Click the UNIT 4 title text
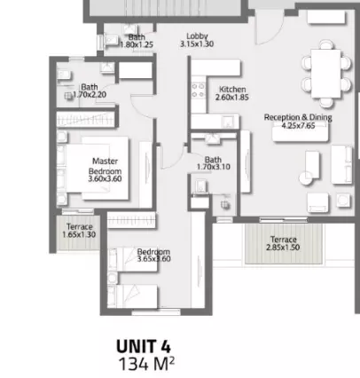point(144,346)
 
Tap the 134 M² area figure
point(146,364)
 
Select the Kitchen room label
point(232,90)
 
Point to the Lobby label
point(197,36)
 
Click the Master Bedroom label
point(105,166)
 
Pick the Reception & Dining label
point(298,117)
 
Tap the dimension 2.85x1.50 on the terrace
point(283,248)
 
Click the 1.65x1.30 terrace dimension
point(79,234)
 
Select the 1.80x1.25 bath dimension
point(137,44)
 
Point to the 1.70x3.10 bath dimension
point(214,167)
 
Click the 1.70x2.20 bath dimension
point(90,95)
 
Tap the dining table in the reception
point(326,74)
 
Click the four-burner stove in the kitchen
point(199,91)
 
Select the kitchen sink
point(228,122)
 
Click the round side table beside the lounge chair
point(306,178)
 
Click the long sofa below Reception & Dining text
point(301,133)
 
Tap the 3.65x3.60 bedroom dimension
point(153,259)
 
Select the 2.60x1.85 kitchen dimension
point(232,98)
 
